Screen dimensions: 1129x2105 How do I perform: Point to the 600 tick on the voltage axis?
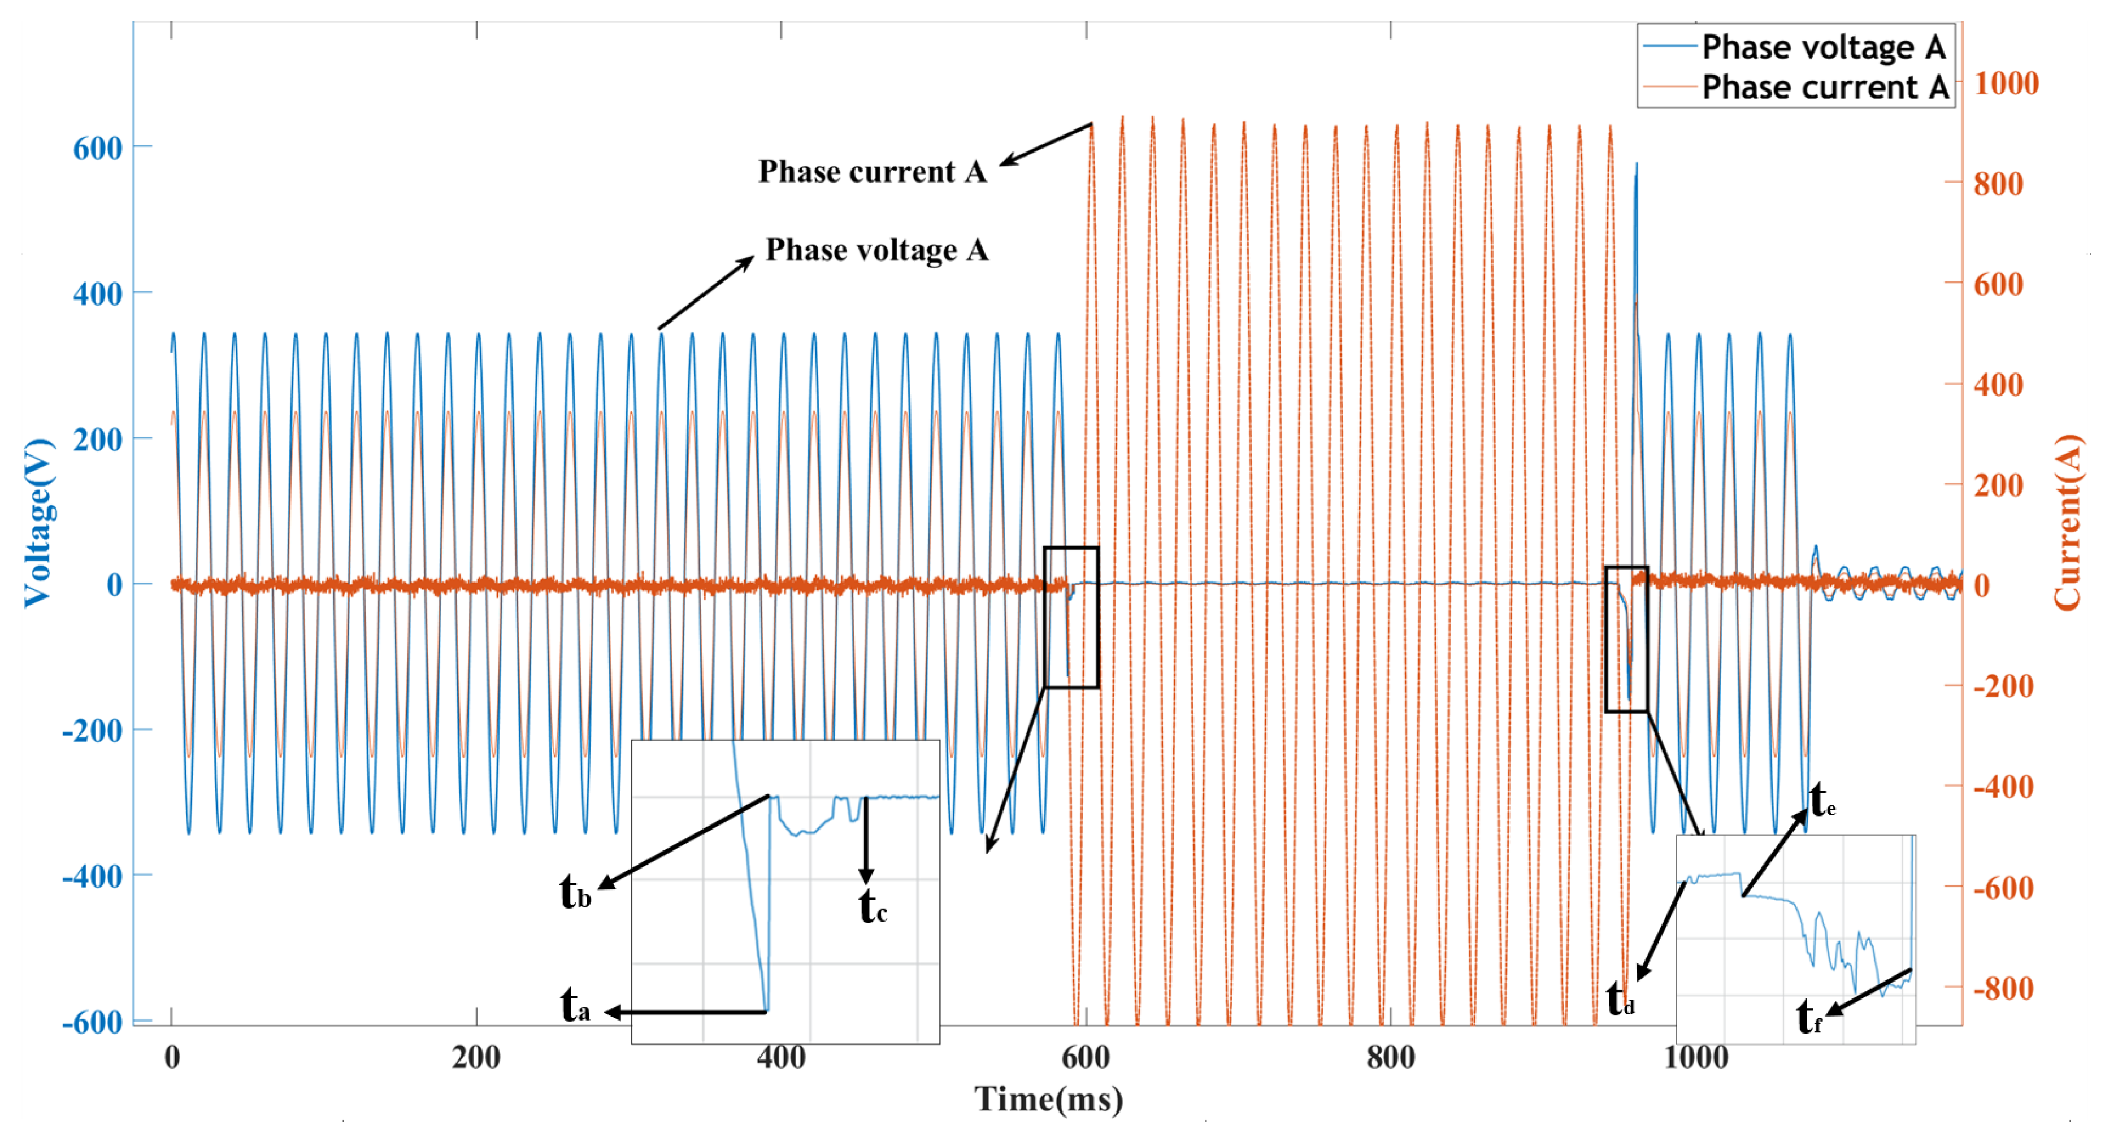[98, 148]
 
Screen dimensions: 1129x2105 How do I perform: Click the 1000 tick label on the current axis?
[2006, 83]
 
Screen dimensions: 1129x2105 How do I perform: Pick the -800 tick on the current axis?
[2003, 988]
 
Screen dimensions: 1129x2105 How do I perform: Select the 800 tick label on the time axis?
[1390, 1058]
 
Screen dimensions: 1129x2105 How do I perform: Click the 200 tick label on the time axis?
[476, 1058]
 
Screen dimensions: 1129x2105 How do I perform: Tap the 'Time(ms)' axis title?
[1048, 1100]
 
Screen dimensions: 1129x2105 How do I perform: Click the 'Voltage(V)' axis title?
[38, 523]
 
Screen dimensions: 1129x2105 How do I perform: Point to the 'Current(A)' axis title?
[2067, 523]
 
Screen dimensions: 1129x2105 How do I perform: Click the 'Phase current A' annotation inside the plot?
[872, 172]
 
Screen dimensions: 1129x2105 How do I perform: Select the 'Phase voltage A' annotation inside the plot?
[876, 250]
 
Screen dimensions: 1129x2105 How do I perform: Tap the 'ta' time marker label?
[575, 1005]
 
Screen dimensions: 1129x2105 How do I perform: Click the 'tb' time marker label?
[575, 892]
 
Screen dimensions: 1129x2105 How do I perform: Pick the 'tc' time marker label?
[873, 907]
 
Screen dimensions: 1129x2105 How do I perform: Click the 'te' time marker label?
[1822, 801]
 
